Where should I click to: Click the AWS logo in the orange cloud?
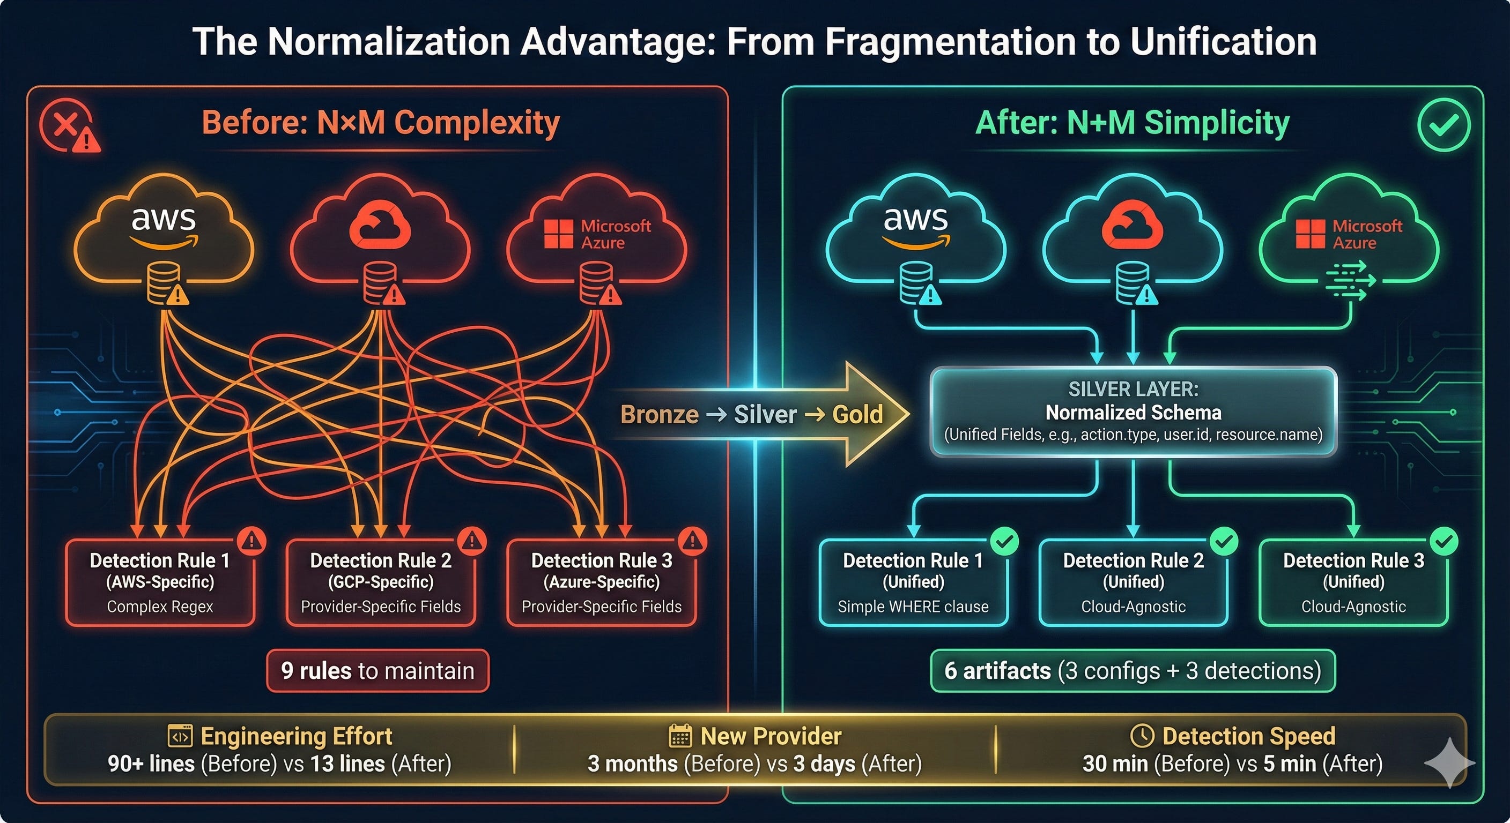[163, 226]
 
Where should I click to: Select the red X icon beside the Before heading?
[68, 125]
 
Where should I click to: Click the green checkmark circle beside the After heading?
[1443, 125]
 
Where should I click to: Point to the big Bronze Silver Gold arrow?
[762, 414]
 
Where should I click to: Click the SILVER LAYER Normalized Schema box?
[1133, 412]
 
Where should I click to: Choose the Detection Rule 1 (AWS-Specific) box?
[160, 583]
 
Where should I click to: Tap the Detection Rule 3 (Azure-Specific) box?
[602, 583]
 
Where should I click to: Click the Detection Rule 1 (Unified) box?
[913, 583]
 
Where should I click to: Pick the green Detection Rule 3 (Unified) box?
[1353, 583]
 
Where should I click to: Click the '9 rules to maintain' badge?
[377, 671]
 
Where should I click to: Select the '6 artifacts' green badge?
[1132, 671]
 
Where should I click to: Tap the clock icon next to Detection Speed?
[1142, 736]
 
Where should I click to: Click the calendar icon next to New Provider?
[680, 736]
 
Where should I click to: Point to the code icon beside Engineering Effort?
[180, 736]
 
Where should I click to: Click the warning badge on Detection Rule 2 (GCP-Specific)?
[472, 540]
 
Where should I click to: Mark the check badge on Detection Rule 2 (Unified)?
[1224, 541]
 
